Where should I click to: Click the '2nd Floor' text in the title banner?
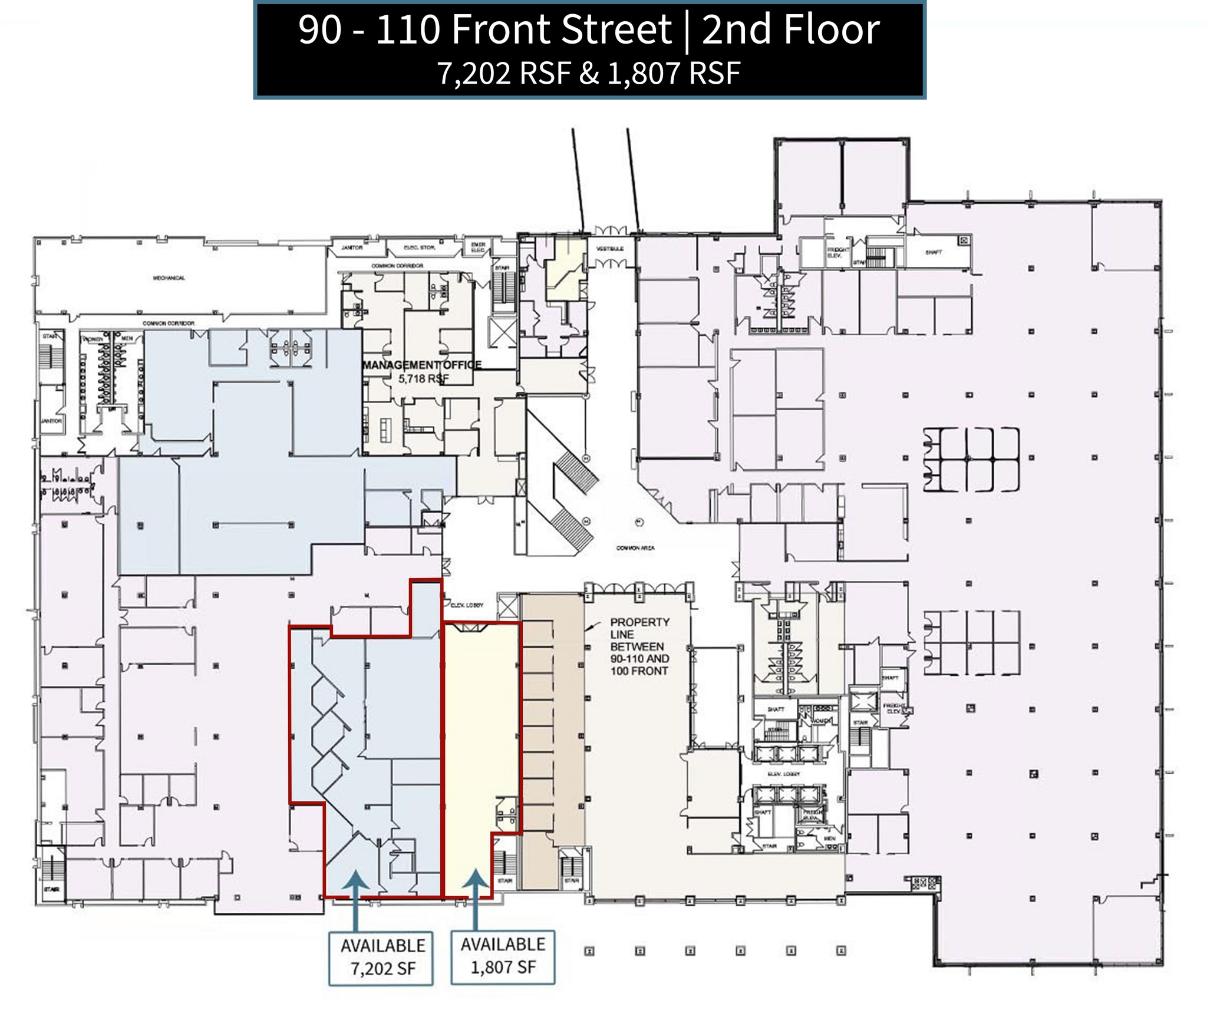[790, 31]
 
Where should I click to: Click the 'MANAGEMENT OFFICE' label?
[422, 365]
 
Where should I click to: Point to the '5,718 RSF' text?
[420, 379]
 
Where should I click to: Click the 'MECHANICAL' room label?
[169, 278]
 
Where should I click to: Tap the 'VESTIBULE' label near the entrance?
[610, 249]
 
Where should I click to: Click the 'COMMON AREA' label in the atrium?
[635, 548]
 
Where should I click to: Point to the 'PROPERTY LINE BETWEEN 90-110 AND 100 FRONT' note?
[639, 646]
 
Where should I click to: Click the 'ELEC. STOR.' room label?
[419, 247]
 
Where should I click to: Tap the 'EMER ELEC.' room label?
[478, 247]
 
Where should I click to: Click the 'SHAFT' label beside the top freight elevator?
[934, 252]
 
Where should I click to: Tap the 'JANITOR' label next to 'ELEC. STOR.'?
[352, 247]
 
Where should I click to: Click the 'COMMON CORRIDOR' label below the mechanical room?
[169, 324]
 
